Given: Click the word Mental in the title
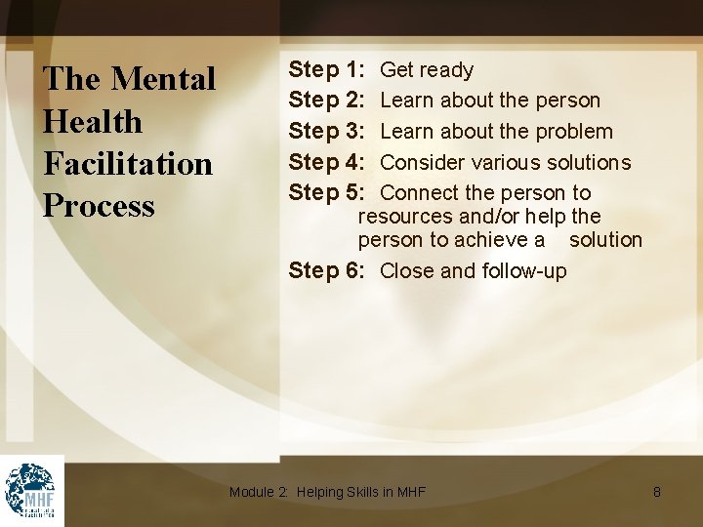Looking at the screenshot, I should coord(164,79).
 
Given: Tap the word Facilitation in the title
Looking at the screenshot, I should coord(128,163).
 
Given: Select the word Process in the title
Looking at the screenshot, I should coord(99,205).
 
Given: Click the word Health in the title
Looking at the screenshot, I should coord(93,121).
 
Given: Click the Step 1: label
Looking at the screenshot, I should coord(327,69).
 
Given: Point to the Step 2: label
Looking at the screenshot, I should coord(327,100).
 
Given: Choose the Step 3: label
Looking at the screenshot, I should coord(327,131).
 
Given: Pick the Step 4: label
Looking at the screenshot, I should coord(327,162).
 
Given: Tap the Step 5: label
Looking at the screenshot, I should coord(327,192).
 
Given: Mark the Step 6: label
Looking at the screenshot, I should coord(327,270).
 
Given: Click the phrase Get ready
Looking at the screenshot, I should coord(427,69).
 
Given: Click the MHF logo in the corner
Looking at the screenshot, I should coord(31,491).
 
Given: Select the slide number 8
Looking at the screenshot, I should coord(657,492).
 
